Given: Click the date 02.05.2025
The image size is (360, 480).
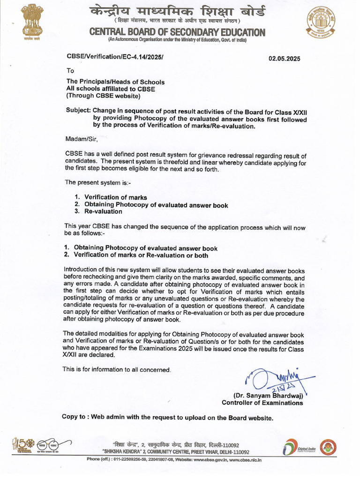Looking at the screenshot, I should (x=284, y=59).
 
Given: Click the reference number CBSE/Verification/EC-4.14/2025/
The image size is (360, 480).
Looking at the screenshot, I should (x=115, y=56).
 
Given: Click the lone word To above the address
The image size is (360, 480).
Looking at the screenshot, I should (x=70, y=71).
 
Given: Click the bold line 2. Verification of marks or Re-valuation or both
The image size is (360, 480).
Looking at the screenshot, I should (x=136, y=255).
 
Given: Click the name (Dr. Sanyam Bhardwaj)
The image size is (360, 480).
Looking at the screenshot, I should (x=268, y=395).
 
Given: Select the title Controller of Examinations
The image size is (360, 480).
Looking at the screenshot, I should (x=262, y=403).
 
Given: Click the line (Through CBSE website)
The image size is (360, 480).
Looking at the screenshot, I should (x=103, y=96).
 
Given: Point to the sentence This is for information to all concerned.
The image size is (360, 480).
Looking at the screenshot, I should (x=117, y=369).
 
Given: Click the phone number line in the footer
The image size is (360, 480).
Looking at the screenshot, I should (x=174, y=460).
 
